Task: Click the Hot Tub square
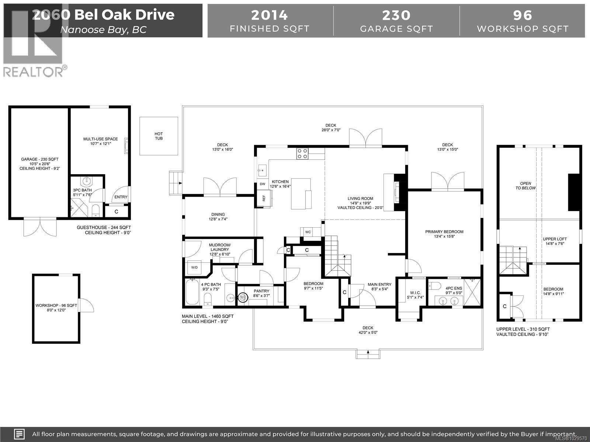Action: (x=159, y=136)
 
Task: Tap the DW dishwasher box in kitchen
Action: (x=263, y=184)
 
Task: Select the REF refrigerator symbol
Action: (x=264, y=198)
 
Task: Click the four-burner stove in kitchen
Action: (x=303, y=154)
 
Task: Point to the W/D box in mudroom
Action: (x=194, y=267)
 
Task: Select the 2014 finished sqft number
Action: (x=269, y=15)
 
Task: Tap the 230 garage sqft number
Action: (x=396, y=15)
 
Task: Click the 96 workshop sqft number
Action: (x=523, y=15)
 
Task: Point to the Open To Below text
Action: (x=525, y=186)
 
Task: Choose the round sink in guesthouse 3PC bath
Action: (x=86, y=181)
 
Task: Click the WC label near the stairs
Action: (x=308, y=232)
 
